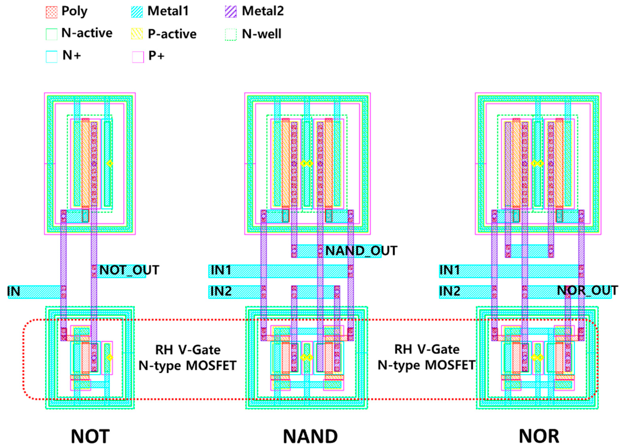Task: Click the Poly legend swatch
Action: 51,12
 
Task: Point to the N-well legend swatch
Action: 231,35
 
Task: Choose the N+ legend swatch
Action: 51,56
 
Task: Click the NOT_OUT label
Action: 129,270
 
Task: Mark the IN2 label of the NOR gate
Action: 449,291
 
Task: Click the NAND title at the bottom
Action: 310,436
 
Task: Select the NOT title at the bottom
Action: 90,436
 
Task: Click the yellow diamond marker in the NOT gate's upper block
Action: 109,164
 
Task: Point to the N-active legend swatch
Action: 51,34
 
